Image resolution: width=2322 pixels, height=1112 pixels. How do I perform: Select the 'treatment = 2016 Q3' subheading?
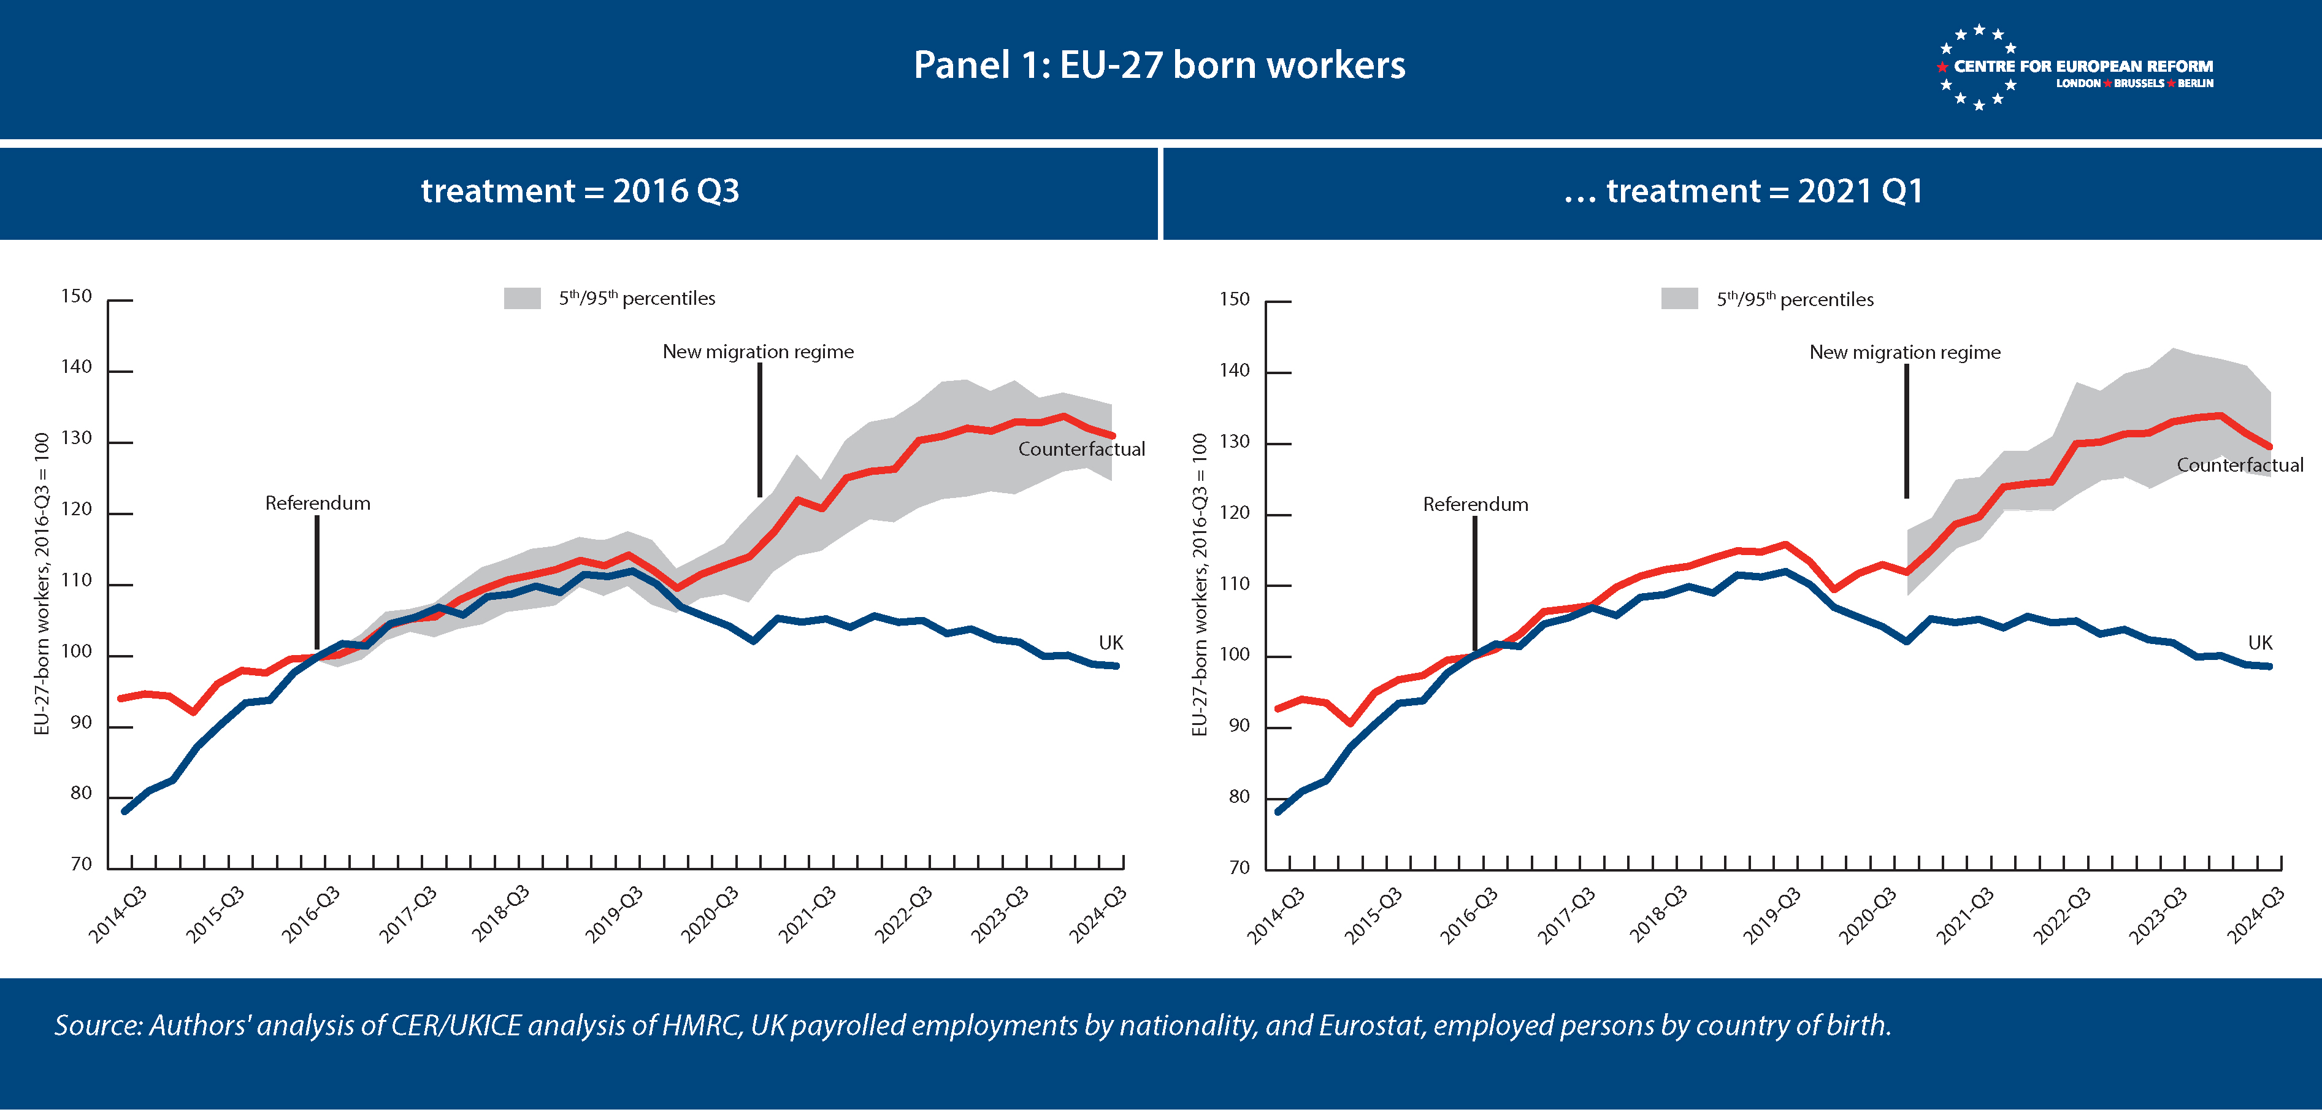click(x=580, y=191)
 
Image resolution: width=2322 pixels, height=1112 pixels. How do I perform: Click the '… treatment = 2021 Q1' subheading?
click(x=1743, y=191)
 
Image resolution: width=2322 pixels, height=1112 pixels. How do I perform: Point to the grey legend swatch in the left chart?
click(x=522, y=298)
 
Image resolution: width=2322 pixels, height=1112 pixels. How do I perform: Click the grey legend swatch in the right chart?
click(x=1679, y=299)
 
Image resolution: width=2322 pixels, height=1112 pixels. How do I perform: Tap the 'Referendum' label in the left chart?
click(x=317, y=503)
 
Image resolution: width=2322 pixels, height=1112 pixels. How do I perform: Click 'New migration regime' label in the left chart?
click(x=758, y=351)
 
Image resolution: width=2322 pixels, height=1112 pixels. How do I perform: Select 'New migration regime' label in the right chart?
click(x=1905, y=352)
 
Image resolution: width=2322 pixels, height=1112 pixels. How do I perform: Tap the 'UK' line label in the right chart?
click(x=2260, y=643)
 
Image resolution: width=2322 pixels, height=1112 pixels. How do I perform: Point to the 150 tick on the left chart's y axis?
click(x=77, y=296)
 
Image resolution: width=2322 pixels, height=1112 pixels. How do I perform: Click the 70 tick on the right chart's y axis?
click(x=1240, y=868)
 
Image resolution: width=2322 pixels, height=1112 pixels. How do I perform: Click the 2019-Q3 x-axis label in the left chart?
click(x=615, y=915)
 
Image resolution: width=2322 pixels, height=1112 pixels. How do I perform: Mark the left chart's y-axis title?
click(x=42, y=584)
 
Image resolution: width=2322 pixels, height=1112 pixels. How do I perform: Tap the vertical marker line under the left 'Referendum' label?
click(x=317, y=581)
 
